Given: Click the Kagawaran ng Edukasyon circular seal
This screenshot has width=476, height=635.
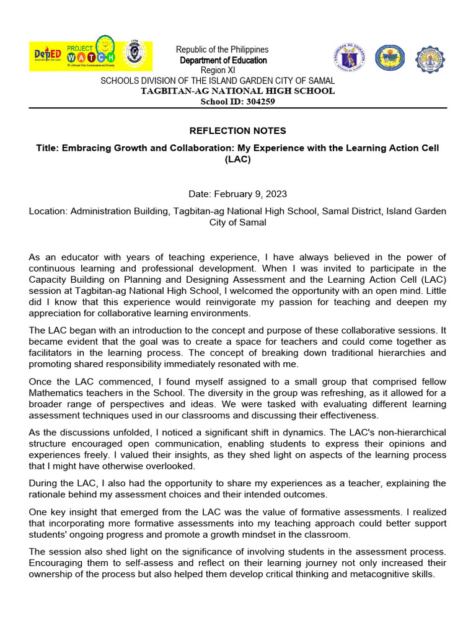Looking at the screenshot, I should pyautogui.click(x=349, y=57).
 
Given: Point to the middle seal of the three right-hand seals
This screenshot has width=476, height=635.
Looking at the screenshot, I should pyautogui.click(x=390, y=58).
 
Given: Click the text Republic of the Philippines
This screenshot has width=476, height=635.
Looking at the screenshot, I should pyautogui.click(x=222, y=50).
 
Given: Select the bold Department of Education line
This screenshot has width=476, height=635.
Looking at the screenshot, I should pyautogui.click(x=223, y=60).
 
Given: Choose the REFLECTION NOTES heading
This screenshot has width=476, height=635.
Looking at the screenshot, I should pyautogui.click(x=237, y=131).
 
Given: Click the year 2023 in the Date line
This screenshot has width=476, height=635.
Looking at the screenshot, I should pyautogui.click(x=275, y=194).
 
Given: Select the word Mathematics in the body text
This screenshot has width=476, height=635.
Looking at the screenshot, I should pyautogui.click(x=58, y=393).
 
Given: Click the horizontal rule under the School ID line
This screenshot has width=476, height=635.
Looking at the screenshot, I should pyautogui.click(x=237, y=108).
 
